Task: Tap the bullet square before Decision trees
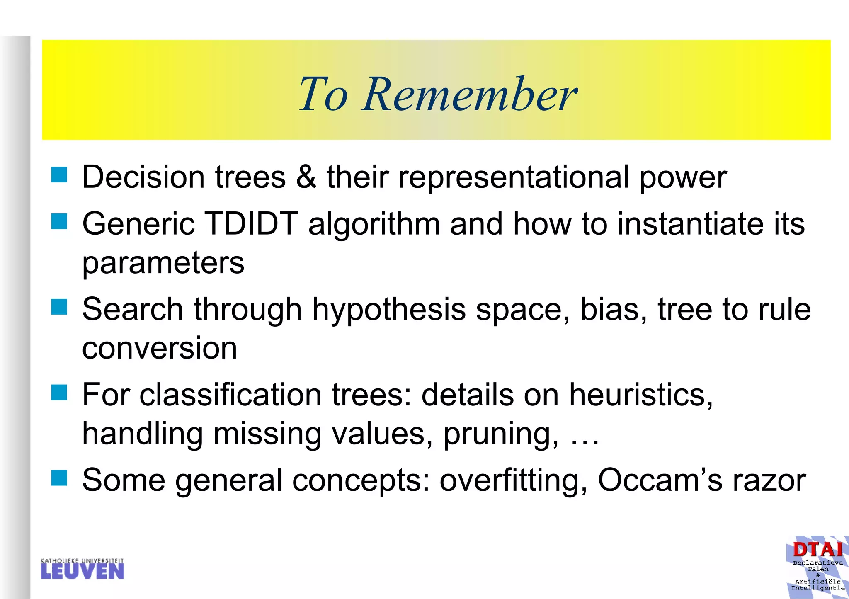tap(59, 175)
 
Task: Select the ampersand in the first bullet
tap(306, 177)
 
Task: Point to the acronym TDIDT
tap(252, 224)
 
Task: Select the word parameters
tap(163, 264)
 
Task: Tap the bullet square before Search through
tap(59, 308)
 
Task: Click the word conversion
tap(160, 348)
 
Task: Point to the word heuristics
tap(640, 395)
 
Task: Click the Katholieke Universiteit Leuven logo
tap(82, 569)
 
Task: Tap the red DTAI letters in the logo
tap(817, 550)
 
